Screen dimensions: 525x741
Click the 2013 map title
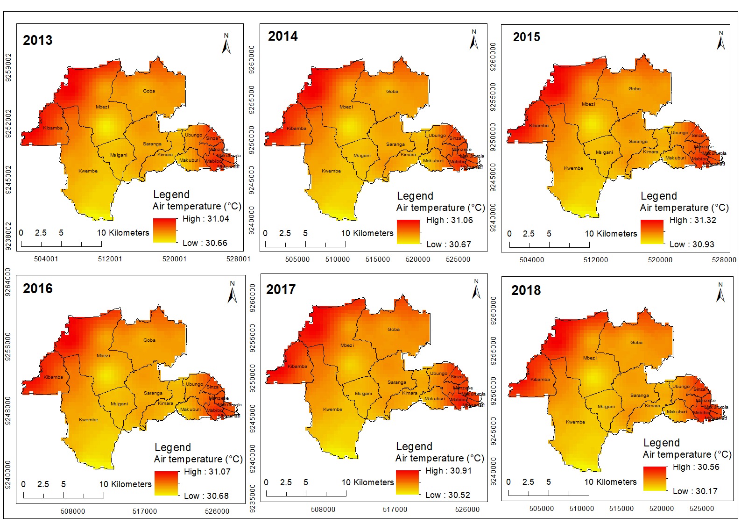tap(38, 40)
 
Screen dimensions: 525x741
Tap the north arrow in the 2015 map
tap(721, 41)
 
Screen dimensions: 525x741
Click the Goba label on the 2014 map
tap(392, 92)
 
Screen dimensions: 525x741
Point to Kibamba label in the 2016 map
tap(53, 377)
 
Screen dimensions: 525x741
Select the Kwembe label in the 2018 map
tap(575, 422)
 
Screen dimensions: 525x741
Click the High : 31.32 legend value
tap(692, 220)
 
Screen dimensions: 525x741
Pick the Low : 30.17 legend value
tap(695, 491)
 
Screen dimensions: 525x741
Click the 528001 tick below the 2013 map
tap(238, 259)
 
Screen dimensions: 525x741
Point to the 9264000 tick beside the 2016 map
tap(8, 282)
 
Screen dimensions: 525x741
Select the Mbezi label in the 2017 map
tap(347, 345)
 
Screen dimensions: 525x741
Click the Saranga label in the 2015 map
tap(638, 142)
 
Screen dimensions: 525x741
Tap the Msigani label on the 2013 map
tap(119, 155)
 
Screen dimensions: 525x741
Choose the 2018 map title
tap(526, 290)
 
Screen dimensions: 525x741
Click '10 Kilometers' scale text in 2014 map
tap(367, 233)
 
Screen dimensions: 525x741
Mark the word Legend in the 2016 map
tap(172, 447)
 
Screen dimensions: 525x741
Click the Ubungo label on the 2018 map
tap(681, 387)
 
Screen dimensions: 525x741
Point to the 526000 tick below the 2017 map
tap(467, 510)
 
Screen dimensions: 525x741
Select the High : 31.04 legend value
tap(205, 219)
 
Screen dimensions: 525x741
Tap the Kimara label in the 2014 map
tap(408, 155)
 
